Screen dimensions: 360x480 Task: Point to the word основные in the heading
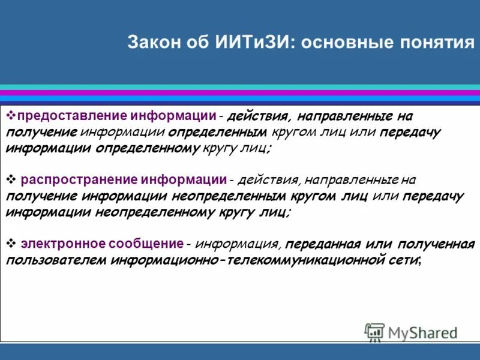pyautogui.click(x=347, y=43)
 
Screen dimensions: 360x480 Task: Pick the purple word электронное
pyautogui.click(x=58, y=244)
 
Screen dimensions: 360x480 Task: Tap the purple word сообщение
pyautogui.click(x=146, y=244)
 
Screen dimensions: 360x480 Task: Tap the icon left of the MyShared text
pyautogui.click(x=375, y=332)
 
